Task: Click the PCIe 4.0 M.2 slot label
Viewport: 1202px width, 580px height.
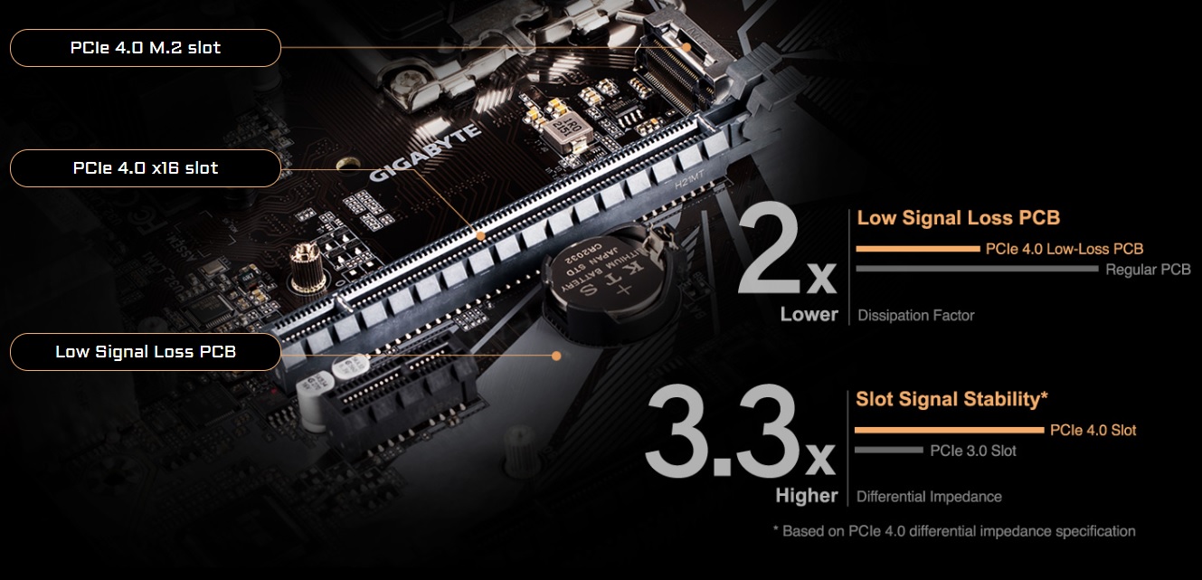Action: click(146, 48)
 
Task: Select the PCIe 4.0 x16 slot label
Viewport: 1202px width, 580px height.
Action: click(146, 168)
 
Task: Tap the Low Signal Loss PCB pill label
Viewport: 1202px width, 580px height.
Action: click(146, 352)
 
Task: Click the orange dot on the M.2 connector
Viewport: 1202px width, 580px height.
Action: click(686, 47)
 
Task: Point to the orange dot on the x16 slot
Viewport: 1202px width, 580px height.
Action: click(481, 236)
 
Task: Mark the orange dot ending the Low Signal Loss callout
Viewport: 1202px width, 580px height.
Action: click(556, 356)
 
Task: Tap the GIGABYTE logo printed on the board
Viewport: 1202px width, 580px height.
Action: click(425, 153)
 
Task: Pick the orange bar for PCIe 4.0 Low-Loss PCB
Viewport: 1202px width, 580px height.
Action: click(918, 249)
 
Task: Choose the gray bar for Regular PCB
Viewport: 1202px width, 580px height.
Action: click(977, 269)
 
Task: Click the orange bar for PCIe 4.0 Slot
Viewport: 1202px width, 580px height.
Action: click(950, 430)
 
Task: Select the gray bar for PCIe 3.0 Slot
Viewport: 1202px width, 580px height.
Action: click(889, 450)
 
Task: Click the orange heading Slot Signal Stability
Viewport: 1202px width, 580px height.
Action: click(951, 399)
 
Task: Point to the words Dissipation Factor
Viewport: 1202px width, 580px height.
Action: click(916, 315)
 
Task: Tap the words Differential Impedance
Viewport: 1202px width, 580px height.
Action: click(929, 497)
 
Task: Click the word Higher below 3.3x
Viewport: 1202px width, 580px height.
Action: click(807, 495)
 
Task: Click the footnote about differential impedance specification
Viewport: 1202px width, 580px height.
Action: click(954, 531)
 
